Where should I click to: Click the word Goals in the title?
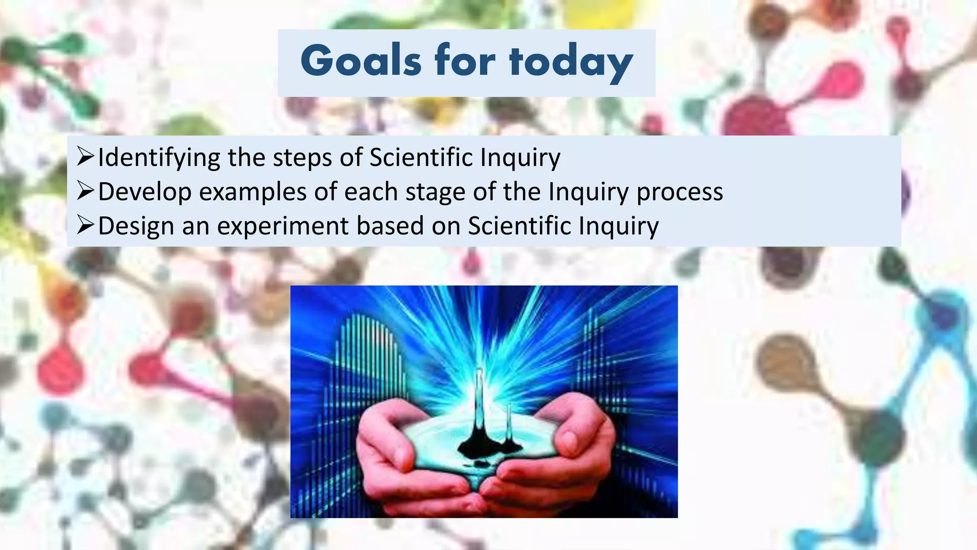click(x=361, y=61)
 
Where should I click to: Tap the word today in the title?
click(x=571, y=62)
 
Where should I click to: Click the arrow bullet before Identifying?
click(x=85, y=157)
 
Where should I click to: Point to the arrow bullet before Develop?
click(x=85, y=191)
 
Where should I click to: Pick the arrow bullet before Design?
click(x=85, y=225)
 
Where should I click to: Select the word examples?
click(x=252, y=192)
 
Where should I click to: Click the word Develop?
click(x=145, y=192)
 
